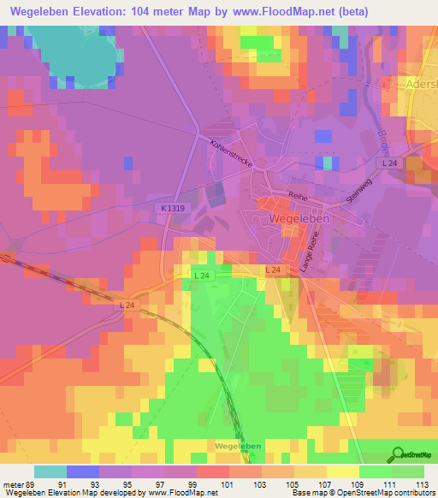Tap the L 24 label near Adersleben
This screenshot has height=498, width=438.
pos(389,163)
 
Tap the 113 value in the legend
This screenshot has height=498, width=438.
pos(422,484)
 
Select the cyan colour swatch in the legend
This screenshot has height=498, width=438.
pos(50,471)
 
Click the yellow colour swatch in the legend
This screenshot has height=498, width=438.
pos(342,471)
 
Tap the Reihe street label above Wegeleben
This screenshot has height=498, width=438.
pos(297,196)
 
